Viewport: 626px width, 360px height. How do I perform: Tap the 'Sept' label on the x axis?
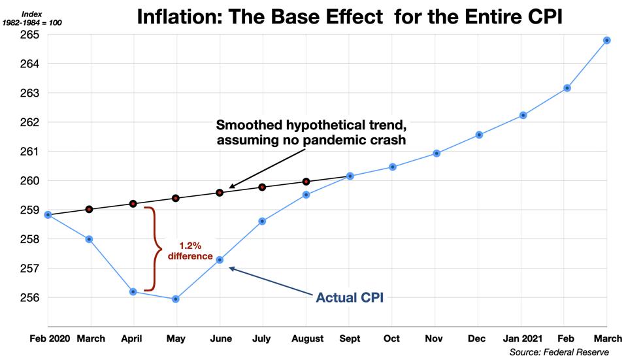tap(350, 338)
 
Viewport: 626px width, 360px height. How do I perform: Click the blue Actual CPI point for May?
tap(176, 299)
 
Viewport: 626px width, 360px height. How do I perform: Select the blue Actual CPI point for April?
tap(133, 291)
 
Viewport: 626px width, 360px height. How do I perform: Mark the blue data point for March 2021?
tap(607, 41)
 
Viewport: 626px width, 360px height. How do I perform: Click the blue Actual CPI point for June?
tap(220, 260)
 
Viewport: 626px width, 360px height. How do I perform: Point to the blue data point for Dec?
tap(479, 135)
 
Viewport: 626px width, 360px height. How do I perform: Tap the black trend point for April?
tap(133, 204)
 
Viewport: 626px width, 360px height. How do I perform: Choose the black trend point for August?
tap(306, 182)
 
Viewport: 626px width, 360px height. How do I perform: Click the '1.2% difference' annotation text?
tap(191, 251)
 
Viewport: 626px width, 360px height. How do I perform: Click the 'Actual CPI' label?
tap(349, 298)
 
